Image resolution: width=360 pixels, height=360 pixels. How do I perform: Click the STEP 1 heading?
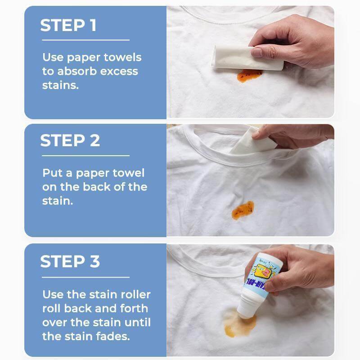coord(68,25)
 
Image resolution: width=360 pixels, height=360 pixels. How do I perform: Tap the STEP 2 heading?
coord(70,141)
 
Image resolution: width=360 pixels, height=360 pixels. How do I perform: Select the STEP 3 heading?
coord(70,261)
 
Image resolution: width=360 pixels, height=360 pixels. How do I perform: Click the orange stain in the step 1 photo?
coord(249,75)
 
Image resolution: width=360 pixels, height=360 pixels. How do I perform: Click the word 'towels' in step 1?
coord(122,57)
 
